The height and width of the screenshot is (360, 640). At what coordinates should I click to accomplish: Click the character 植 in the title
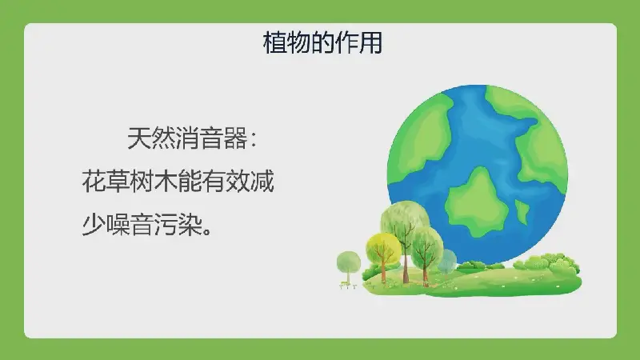pos(274,42)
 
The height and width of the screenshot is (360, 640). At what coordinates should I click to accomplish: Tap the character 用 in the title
pos(370,42)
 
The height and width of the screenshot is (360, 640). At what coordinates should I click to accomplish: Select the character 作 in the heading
pos(346,42)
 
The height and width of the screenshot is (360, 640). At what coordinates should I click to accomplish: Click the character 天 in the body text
pos(139,138)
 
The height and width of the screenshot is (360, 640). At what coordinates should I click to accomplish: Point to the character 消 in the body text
pos(187,138)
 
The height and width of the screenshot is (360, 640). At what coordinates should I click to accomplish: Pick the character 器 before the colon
pos(235,138)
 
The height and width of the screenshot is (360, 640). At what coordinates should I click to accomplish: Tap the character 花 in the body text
pos(94,182)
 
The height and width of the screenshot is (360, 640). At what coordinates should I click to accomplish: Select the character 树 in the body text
pos(142,182)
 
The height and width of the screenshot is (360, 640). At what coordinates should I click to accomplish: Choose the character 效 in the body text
pos(238,182)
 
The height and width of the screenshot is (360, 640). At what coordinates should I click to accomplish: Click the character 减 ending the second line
pos(262,182)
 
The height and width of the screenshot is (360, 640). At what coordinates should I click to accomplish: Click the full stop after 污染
pos(207,231)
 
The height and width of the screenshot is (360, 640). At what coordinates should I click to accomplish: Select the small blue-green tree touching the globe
pos(448,262)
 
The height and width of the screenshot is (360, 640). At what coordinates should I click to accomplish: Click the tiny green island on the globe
pos(522,212)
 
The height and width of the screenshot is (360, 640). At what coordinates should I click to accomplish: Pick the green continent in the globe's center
pos(476,202)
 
